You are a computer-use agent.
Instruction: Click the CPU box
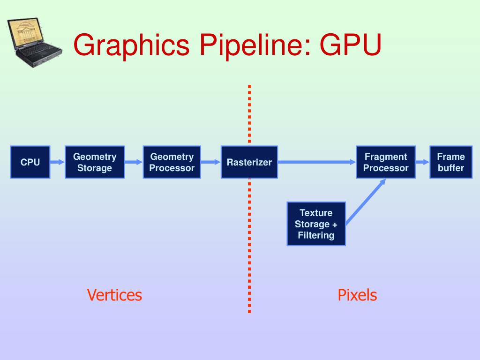click(30, 162)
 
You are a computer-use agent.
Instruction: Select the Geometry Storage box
click(95, 162)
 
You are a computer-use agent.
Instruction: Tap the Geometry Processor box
click(172, 162)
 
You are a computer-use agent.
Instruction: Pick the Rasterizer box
click(249, 162)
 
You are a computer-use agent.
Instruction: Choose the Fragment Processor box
click(386, 162)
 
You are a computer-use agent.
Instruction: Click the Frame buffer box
click(451, 162)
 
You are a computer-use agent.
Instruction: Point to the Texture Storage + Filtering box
click(316, 224)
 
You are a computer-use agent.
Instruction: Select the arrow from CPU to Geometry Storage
click(57, 162)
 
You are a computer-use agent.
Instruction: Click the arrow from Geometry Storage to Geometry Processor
click(134, 162)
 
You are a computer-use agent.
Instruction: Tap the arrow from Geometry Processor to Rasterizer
click(210, 162)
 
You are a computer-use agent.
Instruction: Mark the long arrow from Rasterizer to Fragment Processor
click(316, 162)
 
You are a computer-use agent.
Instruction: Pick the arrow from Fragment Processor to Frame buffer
click(422, 162)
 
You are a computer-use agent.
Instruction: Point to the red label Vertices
click(114, 295)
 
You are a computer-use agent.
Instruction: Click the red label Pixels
click(357, 295)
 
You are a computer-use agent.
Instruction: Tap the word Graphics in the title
click(131, 46)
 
